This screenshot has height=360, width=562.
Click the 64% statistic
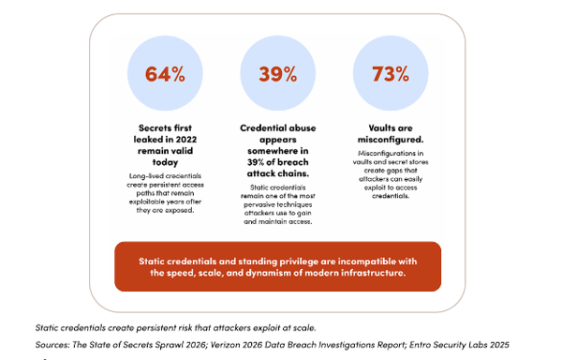(165, 74)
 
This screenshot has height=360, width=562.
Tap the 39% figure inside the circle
(278, 74)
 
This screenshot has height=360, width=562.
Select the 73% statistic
(391, 74)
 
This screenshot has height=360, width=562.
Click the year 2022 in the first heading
(185, 139)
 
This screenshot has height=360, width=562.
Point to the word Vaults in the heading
(378, 128)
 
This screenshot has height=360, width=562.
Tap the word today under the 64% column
(165, 162)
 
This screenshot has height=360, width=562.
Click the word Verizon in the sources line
(225, 345)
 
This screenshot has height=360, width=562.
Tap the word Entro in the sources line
(420, 345)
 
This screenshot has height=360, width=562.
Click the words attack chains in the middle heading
(278, 173)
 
